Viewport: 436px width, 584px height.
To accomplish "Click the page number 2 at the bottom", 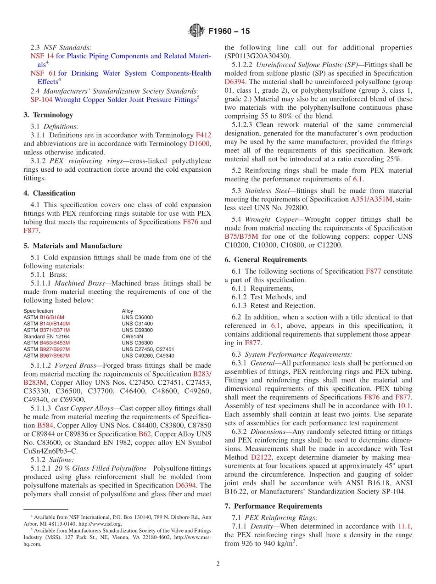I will pyautogui.click(x=218, y=564).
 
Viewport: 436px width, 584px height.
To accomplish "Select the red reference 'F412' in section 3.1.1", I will pyautogui.click(x=203, y=135).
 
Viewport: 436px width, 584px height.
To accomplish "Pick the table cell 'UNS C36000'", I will pyautogui.click(x=137, y=317).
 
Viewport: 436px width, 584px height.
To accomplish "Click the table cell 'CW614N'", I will pyautogui.click(x=133, y=337).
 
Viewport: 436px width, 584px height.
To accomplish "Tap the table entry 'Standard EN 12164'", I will pyautogui.click(x=46, y=337).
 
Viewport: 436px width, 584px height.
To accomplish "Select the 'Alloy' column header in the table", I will pyautogui.click(x=128, y=311).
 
